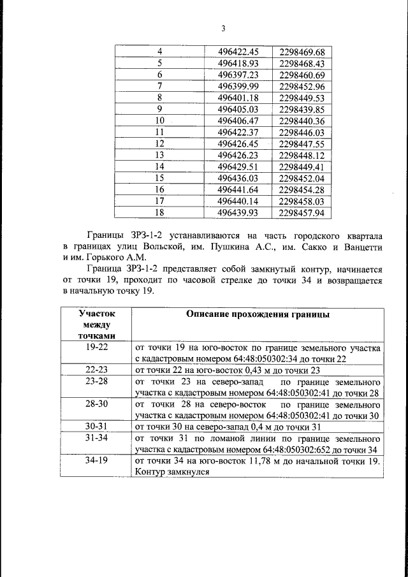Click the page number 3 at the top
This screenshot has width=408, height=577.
click(x=223, y=28)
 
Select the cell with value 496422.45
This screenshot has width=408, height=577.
click(x=238, y=52)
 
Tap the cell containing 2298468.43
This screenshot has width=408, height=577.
click(x=302, y=63)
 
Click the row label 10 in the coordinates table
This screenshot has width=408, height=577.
click(x=160, y=121)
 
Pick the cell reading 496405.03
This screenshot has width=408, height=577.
click(x=238, y=109)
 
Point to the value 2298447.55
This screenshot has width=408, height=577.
click(x=302, y=143)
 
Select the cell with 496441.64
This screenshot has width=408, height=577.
click(x=238, y=189)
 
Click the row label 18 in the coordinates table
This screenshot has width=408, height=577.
click(x=160, y=212)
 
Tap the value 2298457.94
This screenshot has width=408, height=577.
click(x=302, y=212)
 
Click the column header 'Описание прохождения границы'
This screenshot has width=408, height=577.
click(x=258, y=314)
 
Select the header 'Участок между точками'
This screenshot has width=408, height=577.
click(x=96, y=325)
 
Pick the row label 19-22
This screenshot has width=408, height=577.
click(x=96, y=348)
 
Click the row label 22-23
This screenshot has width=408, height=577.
click(x=96, y=370)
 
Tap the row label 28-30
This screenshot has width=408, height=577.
click(x=96, y=404)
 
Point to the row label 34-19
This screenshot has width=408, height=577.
click(x=96, y=460)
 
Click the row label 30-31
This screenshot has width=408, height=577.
click(x=96, y=426)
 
